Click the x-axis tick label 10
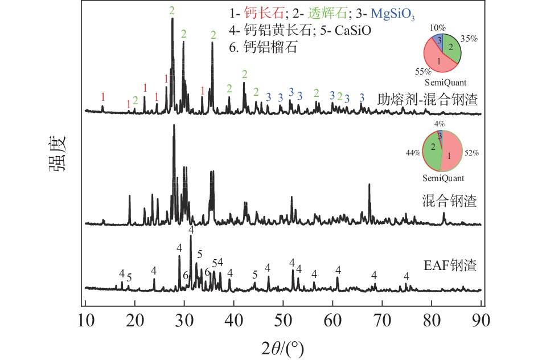click(85, 321)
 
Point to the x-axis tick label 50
click(284, 321)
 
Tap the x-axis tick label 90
click(482, 321)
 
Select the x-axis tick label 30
click(184, 321)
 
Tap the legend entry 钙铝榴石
click(272, 48)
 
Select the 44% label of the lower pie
click(413, 153)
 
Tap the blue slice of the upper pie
click(438, 40)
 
